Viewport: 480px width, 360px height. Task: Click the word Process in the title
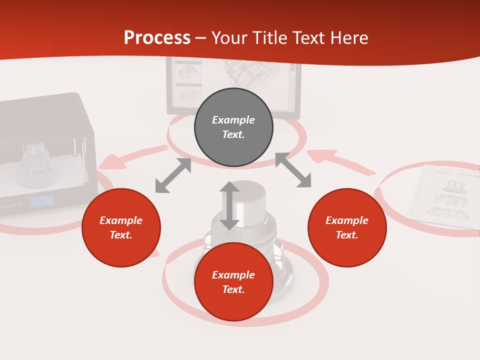(x=157, y=38)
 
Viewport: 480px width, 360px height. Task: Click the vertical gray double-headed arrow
(x=229, y=205)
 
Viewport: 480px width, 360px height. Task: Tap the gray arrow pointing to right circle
(x=293, y=170)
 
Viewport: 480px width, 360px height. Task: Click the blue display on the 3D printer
(x=41, y=201)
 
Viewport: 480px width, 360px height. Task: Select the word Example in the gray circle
(x=233, y=120)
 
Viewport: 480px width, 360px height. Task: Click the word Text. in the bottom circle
(x=233, y=289)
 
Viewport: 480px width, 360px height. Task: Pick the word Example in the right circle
(x=347, y=220)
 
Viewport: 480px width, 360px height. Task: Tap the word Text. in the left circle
(x=121, y=235)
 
